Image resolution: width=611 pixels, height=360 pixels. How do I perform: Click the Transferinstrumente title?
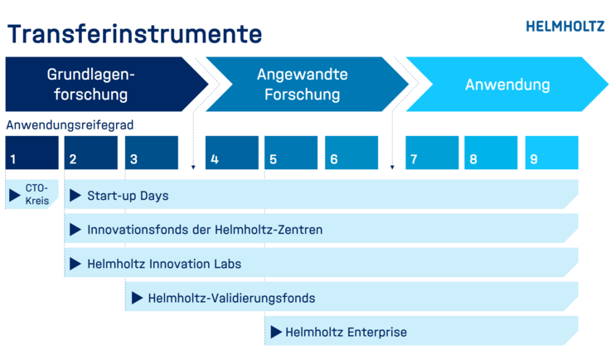point(134,34)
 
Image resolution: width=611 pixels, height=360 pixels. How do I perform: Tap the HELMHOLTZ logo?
point(565,27)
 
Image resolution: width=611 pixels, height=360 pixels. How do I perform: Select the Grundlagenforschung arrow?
point(106,85)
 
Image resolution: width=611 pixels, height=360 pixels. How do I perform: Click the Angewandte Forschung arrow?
point(307,85)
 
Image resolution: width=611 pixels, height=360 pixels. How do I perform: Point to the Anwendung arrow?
point(507,85)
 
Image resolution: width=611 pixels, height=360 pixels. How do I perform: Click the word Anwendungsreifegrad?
point(70,124)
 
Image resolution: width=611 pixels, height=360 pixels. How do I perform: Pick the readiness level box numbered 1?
point(32,153)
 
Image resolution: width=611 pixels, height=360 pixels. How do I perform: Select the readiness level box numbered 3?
point(152,153)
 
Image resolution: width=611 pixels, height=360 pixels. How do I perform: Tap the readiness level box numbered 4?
point(232,153)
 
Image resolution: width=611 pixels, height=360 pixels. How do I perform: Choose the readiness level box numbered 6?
point(352,153)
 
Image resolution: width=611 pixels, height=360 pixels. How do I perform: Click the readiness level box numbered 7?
point(432,153)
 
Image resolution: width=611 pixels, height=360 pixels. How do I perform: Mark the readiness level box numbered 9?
point(552,153)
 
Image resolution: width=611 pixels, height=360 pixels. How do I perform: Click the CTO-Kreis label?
point(37,194)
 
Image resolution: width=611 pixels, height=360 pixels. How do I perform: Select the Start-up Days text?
point(128,196)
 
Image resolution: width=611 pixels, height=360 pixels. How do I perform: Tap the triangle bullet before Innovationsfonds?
point(75,230)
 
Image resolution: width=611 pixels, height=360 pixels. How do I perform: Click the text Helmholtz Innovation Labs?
point(164,264)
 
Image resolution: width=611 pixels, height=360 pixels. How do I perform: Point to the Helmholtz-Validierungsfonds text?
point(231,299)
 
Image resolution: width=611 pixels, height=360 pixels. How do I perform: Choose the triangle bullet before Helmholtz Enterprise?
point(276,333)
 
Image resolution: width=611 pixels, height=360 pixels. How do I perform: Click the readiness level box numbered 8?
point(491,153)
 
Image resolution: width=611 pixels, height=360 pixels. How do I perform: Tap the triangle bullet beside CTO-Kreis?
point(14,196)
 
